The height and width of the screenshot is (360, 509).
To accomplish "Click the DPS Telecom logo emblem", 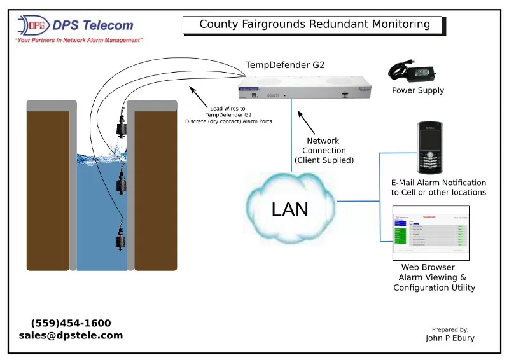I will point(32,25).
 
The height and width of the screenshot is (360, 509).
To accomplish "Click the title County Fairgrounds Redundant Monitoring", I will point(314,25).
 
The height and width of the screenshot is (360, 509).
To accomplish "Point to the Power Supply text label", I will point(418,90).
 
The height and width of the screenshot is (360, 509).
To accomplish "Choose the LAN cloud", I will point(290,207).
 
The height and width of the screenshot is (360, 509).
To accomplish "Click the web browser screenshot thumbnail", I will point(431,233).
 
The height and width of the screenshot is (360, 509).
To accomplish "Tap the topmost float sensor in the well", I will point(121,127).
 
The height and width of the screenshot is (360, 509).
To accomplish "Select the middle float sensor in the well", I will point(122,184).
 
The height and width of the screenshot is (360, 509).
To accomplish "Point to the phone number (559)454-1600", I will point(71,323).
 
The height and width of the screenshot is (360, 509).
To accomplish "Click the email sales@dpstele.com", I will point(71,335).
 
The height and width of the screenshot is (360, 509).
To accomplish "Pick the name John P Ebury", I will point(450,338).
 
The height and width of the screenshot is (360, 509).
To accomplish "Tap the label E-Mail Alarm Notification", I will point(438,183).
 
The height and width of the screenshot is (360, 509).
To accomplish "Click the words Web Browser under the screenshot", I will point(428,267).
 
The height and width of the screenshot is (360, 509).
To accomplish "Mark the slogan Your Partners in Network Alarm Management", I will point(78,40).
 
